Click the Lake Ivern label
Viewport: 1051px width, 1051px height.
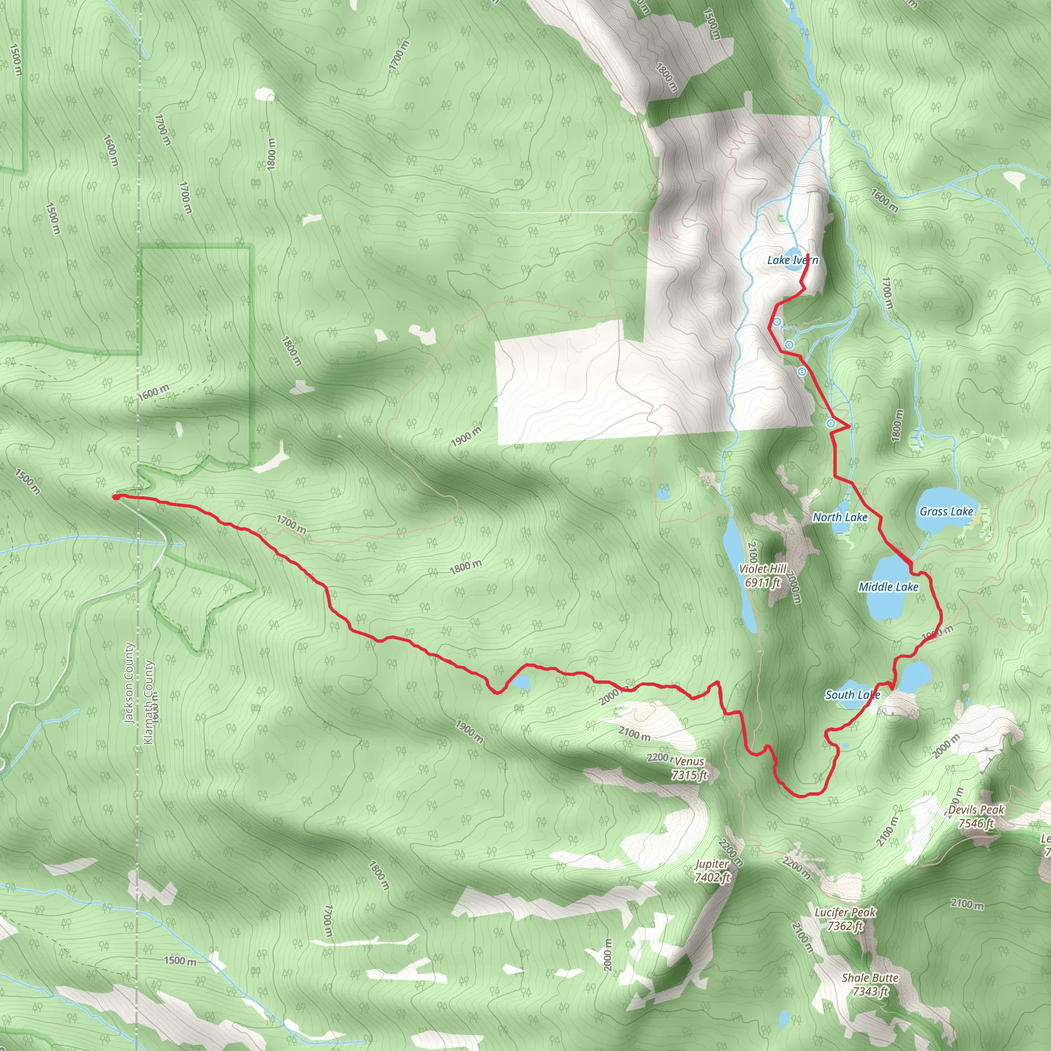(x=792, y=260)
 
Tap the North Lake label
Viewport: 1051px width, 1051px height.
(x=840, y=517)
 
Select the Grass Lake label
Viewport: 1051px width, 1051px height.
(x=946, y=511)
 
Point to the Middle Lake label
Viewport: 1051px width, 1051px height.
(x=888, y=587)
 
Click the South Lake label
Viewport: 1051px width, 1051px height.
(x=852, y=695)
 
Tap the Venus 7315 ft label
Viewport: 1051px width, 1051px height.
(x=689, y=768)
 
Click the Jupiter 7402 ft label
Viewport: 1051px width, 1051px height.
(x=712, y=870)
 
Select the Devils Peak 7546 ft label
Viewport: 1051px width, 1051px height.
(x=977, y=816)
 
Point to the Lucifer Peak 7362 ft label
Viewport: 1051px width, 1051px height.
(x=845, y=918)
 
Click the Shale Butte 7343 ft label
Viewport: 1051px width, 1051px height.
(x=870, y=985)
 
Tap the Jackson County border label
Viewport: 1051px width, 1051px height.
(x=129, y=683)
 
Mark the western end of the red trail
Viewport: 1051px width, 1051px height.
(x=116, y=497)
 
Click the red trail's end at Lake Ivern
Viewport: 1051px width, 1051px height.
(x=808, y=255)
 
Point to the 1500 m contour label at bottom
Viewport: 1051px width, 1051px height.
(x=180, y=961)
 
